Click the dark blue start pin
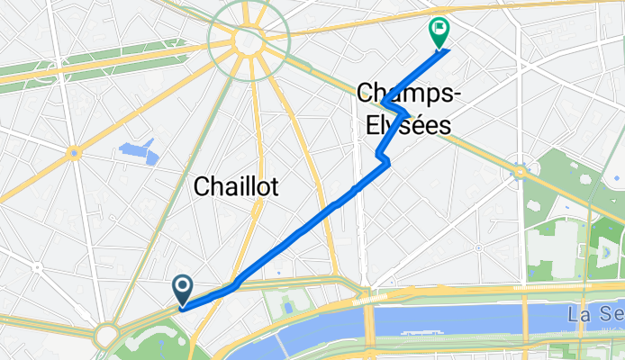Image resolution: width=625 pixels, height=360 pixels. [x=182, y=289]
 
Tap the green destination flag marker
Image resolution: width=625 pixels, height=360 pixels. [x=439, y=32]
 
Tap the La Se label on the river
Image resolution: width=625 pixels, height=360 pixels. [x=594, y=315]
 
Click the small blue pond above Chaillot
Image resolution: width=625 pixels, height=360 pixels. [x=139, y=150]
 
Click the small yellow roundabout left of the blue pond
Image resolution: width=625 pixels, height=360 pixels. [x=73, y=153]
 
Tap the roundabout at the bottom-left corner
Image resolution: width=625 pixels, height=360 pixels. [x=107, y=336]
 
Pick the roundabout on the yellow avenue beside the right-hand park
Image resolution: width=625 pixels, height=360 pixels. [x=520, y=171]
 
